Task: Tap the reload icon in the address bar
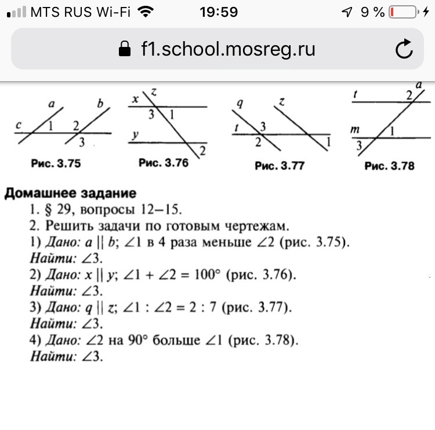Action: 404,50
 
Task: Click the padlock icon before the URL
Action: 124,49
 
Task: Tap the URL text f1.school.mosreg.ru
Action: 228,49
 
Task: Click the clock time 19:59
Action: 218,12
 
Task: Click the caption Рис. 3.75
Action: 56,164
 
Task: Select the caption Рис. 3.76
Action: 164,163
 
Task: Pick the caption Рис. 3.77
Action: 280,166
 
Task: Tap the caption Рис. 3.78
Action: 390,166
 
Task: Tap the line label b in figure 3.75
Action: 100,105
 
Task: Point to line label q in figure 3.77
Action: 238,105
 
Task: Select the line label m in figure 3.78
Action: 356,131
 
